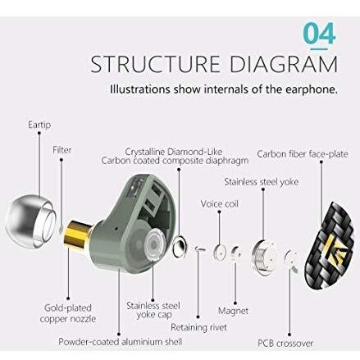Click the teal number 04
coord(319,34)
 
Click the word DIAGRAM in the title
coord(284,65)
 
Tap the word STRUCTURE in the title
coord(155,65)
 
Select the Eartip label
coord(39,125)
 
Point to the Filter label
coord(62,150)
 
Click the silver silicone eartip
coord(30,221)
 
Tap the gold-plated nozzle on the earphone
coord(77,235)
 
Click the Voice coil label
coord(219,204)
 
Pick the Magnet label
coord(233,311)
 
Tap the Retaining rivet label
coord(198,327)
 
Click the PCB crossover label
coord(285,343)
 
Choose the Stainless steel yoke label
coord(261,182)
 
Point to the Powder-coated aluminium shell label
coord(121,342)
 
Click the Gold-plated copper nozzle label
coord(68,313)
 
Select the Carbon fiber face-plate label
coord(303,154)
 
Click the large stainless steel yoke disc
coord(264,257)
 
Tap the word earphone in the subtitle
coord(310,89)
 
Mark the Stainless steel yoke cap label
coord(153,310)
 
